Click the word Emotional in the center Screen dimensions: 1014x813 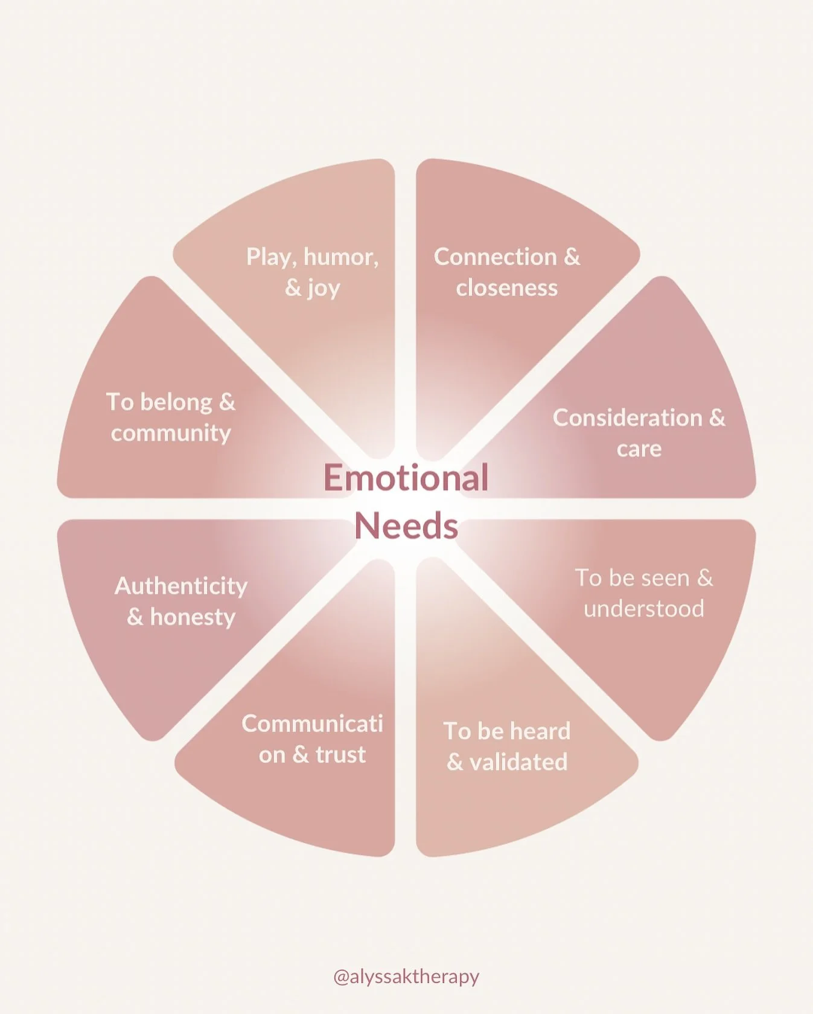pyautogui.click(x=406, y=478)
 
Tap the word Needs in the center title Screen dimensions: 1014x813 pyautogui.click(x=406, y=526)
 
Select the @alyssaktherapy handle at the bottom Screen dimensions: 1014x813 pyautogui.click(x=406, y=976)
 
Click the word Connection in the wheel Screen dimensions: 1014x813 pyautogui.click(x=495, y=257)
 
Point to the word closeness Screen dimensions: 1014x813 pyautogui.click(x=506, y=288)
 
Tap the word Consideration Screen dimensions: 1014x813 pyautogui.click(x=627, y=417)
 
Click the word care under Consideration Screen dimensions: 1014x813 pyautogui.click(x=639, y=449)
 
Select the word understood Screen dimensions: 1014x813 pyautogui.click(x=643, y=608)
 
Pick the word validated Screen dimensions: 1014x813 pyautogui.click(x=518, y=762)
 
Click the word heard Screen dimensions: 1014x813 pyautogui.click(x=540, y=731)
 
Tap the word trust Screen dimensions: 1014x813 pyautogui.click(x=340, y=754)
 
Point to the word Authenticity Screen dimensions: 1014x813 pyautogui.click(x=181, y=586)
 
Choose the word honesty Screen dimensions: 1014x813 pyautogui.click(x=193, y=617)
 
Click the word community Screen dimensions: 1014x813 pyautogui.click(x=171, y=433)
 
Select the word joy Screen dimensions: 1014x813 pyautogui.click(x=324, y=289)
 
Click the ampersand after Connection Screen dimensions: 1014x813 pyautogui.click(x=572, y=257)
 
